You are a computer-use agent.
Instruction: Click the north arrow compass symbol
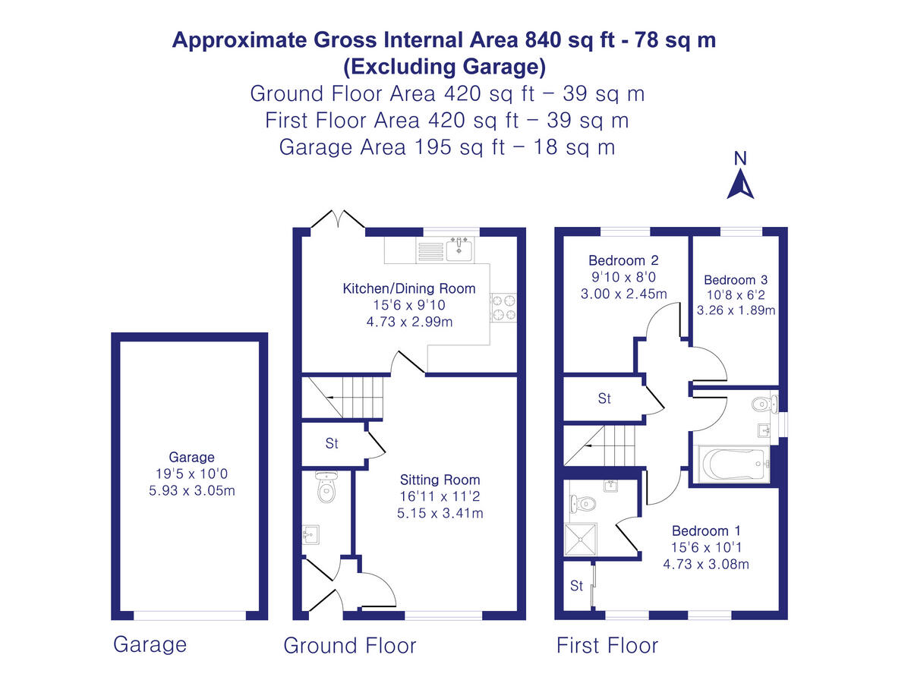[x=740, y=183]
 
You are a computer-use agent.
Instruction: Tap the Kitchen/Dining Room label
[x=409, y=288]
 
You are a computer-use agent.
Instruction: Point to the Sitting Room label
[x=440, y=480]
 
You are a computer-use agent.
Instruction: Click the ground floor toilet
[x=326, y=489]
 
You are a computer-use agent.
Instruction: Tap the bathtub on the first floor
[x=733, y=463]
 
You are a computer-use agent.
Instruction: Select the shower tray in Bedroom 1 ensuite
[x=581, y=540]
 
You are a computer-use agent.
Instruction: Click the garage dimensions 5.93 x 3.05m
[x=191, y=490]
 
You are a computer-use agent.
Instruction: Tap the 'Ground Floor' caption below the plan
[x=350, y=646]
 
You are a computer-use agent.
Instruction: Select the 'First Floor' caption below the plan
[x=607, y=646]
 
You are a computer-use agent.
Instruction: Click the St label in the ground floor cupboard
[x=331, y=444]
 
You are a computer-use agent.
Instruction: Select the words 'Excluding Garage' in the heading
[x=444, y=67]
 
